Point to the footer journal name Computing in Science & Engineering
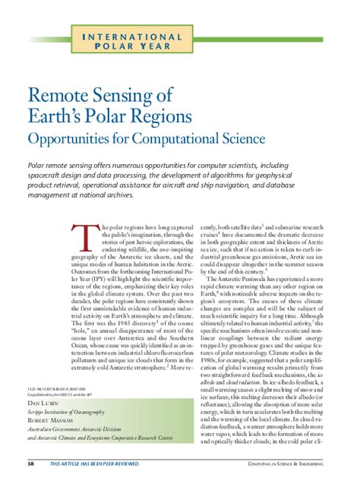click(x=292, y=463)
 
